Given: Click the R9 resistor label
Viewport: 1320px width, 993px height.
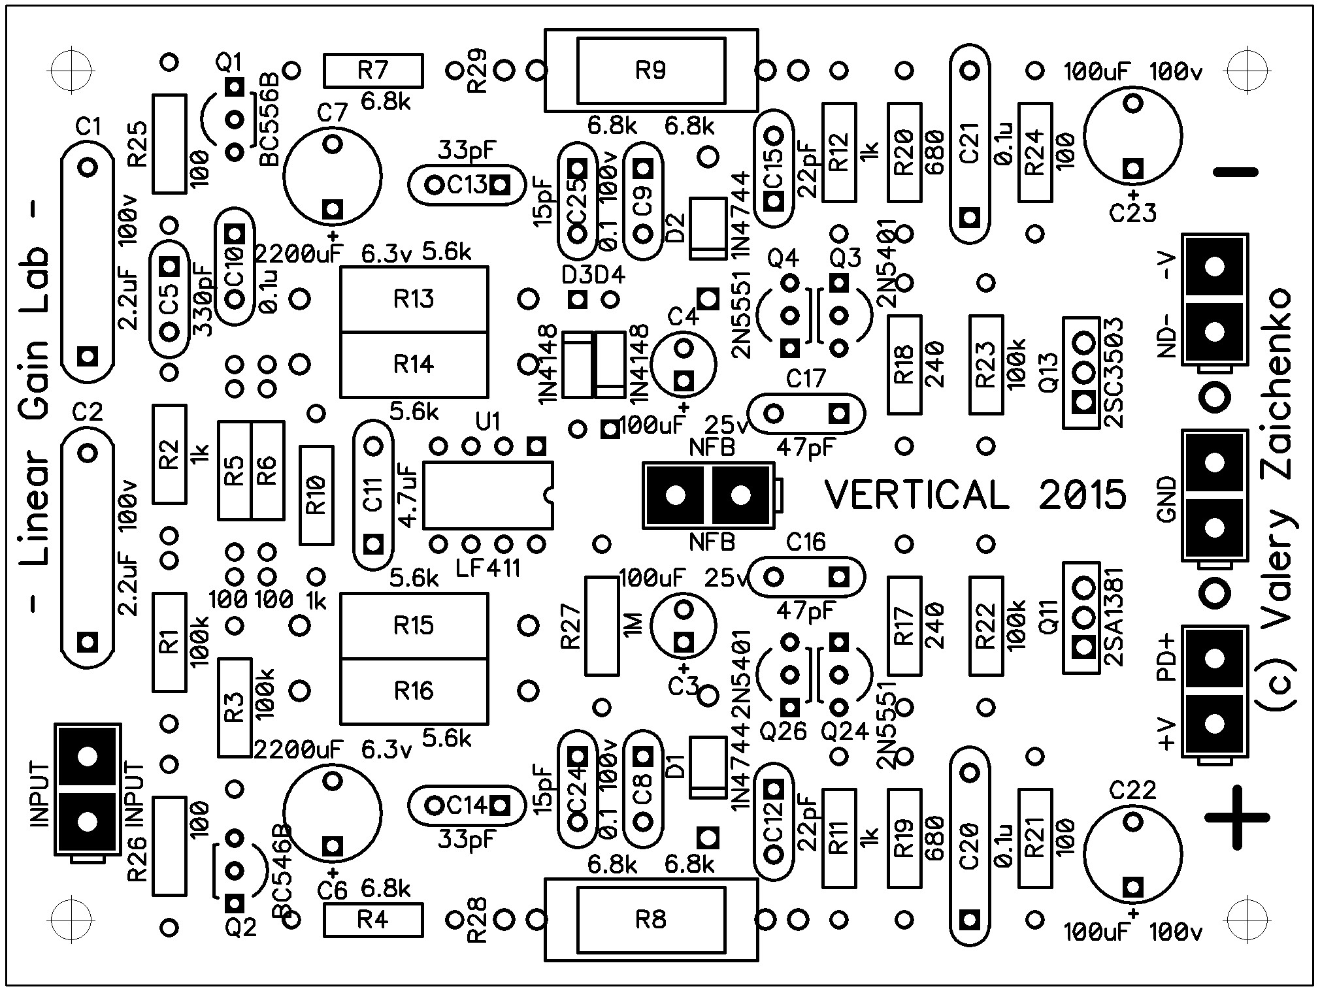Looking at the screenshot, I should (x=650, y=70).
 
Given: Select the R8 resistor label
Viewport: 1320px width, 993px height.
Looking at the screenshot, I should (x=650, y=920).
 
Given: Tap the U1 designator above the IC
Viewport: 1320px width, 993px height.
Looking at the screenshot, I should (x=487, y=422).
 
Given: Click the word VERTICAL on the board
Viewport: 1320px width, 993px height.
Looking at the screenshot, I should (x=917, y=495).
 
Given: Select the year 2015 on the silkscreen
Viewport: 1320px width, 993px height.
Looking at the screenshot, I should (x=1082, y=495).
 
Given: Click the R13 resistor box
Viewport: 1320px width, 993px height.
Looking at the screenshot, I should (x=414, y=299).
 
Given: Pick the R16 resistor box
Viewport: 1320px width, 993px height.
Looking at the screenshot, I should (x=414, y=691).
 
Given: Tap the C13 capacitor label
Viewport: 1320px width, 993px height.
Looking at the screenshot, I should (x=467, y=186).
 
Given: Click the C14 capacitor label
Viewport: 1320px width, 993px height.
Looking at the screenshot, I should (x=467, y=806).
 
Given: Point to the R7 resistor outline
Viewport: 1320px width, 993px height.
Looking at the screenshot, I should (x=373, y=71).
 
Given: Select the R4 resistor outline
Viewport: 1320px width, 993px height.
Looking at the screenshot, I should (x=373, y=920).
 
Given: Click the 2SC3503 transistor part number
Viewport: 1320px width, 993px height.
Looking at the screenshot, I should (x=1114, y=372).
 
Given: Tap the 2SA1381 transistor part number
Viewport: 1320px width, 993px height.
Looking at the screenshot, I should (x=1114, y=617).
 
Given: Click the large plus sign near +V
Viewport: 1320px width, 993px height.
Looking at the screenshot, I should (x=1237, y=817).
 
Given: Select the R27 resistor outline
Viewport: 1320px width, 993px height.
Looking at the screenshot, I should (x=601, y=625).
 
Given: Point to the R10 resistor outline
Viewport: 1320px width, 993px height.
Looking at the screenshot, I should (x=317, y=495).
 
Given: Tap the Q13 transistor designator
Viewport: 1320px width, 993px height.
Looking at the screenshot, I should (x=1049, y=372).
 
